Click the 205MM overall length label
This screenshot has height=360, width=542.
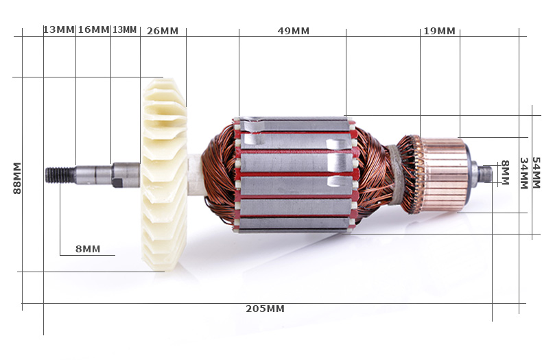point(265,309)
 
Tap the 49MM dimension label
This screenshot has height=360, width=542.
point(294,31)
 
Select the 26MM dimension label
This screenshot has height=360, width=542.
point(163,31)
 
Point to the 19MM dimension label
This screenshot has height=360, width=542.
point(439,31)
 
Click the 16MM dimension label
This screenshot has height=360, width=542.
point(93,29)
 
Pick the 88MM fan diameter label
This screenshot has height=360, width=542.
point(17,178)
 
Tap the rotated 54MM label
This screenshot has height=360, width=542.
point(536,173)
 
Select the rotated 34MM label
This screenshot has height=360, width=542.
point(523,173)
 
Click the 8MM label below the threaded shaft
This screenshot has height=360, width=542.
point(88,249)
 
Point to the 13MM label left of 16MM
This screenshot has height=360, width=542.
point(59,29)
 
